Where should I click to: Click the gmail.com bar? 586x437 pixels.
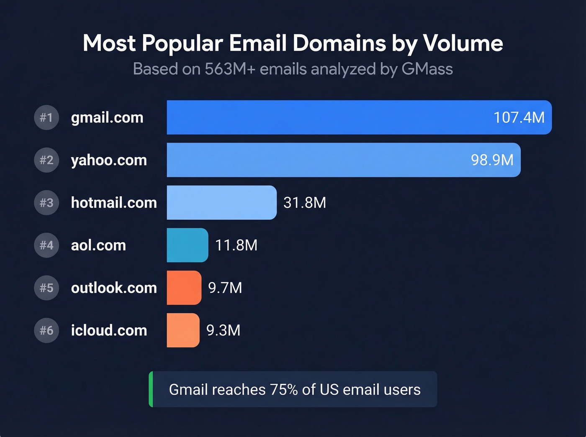click(x=326, y=118)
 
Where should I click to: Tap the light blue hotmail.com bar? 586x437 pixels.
click(x=221, y=203)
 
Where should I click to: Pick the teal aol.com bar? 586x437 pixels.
click(x=187, y=245)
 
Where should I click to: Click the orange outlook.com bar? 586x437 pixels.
click(x=184, y=288)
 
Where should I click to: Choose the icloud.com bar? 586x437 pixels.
click(x=183, y=330)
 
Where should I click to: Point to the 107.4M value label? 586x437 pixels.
click(x=519, y=118)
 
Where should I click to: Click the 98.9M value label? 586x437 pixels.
click(x=492, y=160)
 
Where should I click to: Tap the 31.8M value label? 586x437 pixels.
click(x=305, y=203)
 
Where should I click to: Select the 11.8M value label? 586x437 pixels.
click(x=236, y=245)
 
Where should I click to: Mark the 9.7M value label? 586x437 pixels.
click(x=225, y=288)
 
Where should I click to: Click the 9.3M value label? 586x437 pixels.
click(x=224, y=330)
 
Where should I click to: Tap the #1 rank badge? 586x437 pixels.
click(x=46, y=118)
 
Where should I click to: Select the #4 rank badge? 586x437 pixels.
click(x=46, y=245)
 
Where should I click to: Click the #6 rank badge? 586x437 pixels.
click(x=46, y=330)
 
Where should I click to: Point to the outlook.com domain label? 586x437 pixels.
click(x=114, y=288)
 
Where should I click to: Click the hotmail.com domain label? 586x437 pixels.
click(x=114, y=203)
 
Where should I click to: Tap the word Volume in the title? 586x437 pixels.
click(x=463, y=43)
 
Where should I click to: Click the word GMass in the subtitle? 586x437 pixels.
click(x=427, y=69)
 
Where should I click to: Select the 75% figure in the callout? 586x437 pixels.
click(x=284, y=390)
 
